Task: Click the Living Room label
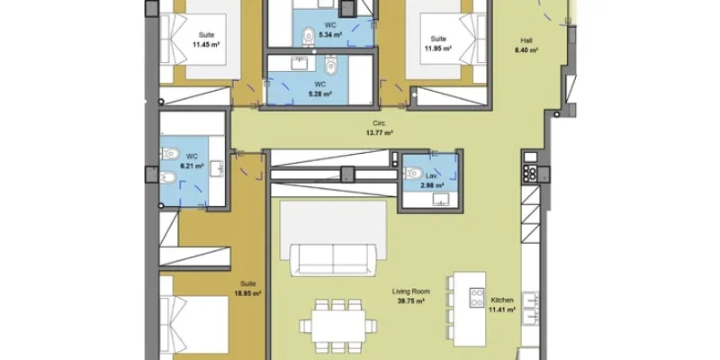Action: [411, 291]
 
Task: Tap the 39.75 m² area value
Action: [410, 301]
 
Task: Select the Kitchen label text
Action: [502, 300]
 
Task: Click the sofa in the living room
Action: [333, 259]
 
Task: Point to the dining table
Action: [338, 326]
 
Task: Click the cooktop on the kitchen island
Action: [477, 297]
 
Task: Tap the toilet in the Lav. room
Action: [413, 173]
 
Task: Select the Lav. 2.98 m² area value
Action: [433, 185]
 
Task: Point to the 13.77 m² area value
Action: [379, 133]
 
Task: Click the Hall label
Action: [526, 40]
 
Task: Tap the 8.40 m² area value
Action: [526, 50]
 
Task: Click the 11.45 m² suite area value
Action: [206, 44]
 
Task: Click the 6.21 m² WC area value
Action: [192, 166]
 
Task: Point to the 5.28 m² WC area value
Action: [320, 94]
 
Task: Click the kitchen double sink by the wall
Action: [530, 308]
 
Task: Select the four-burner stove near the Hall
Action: [530, 174]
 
